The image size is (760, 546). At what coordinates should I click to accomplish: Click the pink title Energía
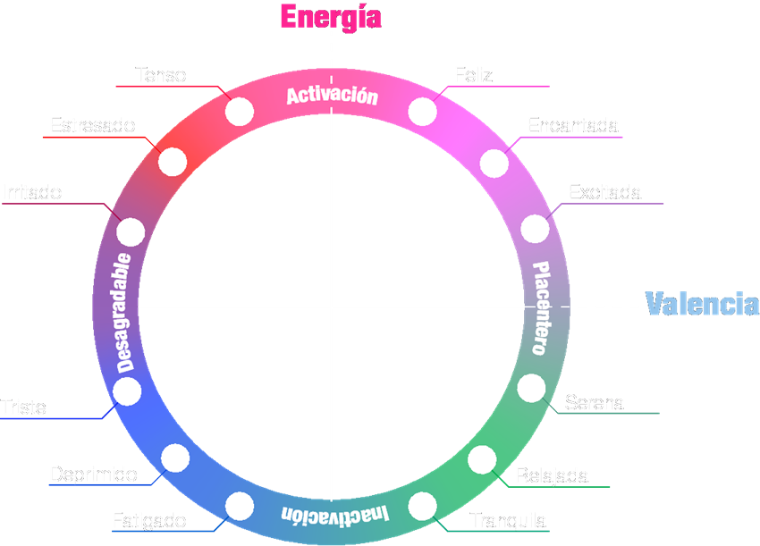331,16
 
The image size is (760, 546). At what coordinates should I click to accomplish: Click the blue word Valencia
702,304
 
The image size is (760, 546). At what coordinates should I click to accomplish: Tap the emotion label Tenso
161,75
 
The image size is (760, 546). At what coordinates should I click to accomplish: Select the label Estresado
92,125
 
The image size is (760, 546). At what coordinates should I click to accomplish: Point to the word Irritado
32,192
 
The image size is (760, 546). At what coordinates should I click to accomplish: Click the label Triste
23,407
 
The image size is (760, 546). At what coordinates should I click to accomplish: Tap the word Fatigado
149,520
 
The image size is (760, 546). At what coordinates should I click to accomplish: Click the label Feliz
473,75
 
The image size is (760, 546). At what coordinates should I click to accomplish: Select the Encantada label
573,125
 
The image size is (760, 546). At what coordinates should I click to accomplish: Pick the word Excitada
605,192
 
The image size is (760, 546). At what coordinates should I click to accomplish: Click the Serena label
595,403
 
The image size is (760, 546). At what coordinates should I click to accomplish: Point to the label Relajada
552,475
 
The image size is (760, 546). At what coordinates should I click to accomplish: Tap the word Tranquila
508,521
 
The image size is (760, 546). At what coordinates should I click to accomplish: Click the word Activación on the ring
332,96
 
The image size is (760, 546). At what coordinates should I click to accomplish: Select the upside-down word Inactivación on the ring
335,515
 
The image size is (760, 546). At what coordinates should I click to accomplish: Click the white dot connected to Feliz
423,112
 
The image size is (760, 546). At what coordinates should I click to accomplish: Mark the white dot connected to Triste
127,391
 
